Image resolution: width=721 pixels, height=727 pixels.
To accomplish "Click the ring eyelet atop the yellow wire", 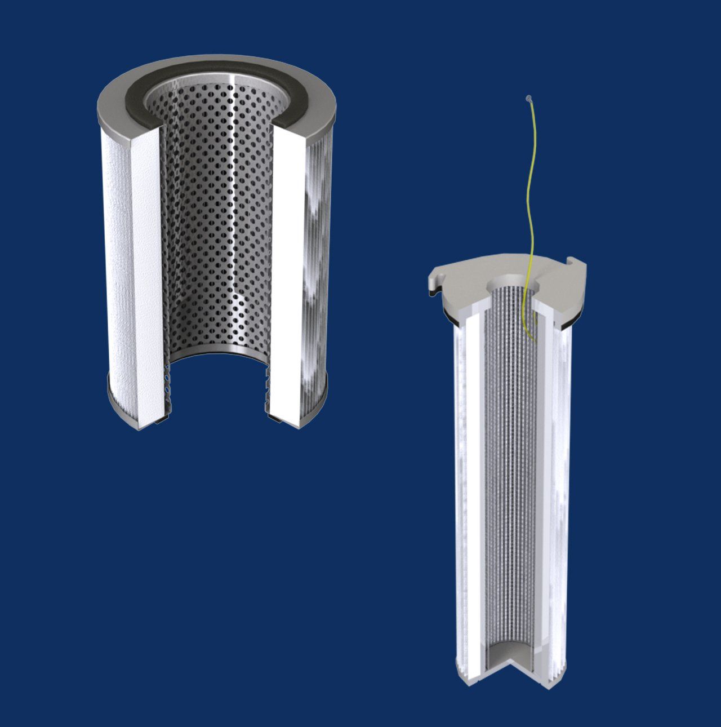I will coord(528,99).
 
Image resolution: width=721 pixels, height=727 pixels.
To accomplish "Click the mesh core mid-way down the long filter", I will coord(510,479).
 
